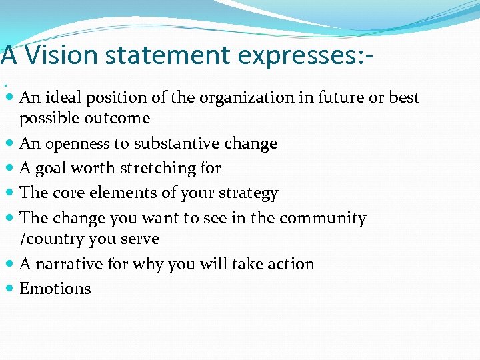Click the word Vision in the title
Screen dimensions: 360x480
pos(57,55)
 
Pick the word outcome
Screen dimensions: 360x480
pos(119,118)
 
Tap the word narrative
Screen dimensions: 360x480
pos(69,264)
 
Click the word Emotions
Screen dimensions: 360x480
pos(55,289)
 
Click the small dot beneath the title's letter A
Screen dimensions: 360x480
pos(6,85)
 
